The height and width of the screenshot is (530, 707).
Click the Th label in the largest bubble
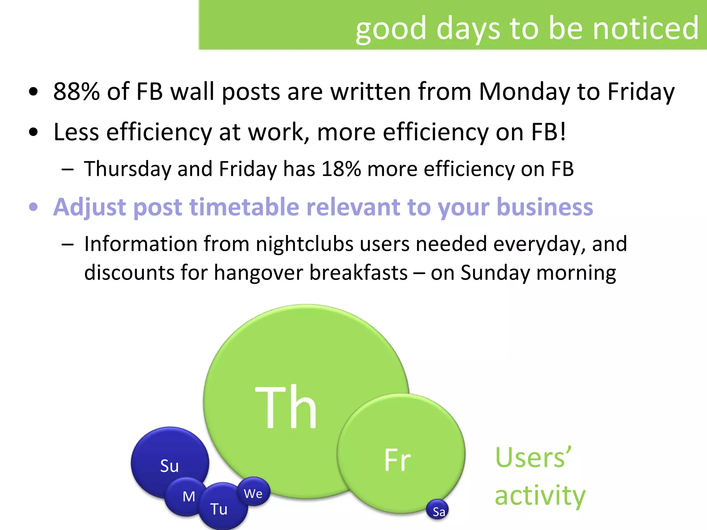[286, 407]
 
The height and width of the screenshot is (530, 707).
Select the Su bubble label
[170, 466]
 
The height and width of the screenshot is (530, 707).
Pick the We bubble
[253, 493]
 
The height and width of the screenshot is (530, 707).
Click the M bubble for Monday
[188, 497]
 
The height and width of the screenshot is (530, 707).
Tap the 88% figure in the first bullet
[77, 91]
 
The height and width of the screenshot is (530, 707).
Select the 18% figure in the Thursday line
[341, 169]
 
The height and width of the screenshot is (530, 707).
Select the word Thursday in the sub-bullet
[128, 169]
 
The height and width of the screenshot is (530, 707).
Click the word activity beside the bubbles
[540, 495]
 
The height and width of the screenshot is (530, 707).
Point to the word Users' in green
[533, 458]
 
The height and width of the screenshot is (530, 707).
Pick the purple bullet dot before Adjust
[33, 207]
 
